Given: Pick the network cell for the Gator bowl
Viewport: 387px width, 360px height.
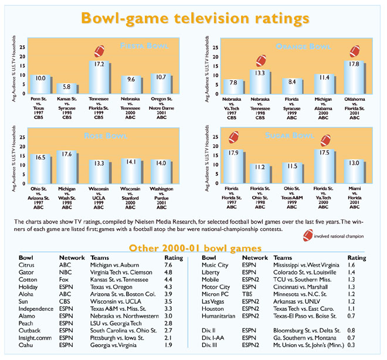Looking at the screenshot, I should pyautogui.click(x=66, y=272).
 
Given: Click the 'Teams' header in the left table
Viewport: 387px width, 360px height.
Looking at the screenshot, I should pyautogui.click(x=100, y=257).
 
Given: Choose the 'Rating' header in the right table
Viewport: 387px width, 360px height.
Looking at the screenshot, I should pyautogui.click(x=357, y=257).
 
